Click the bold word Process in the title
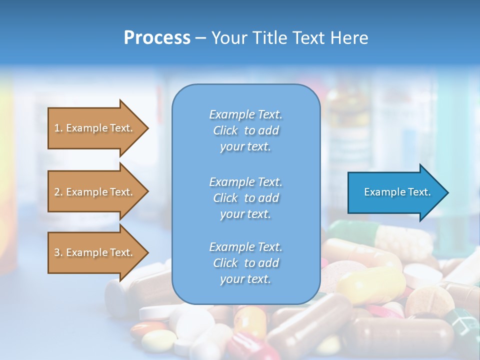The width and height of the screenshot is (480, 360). point(157,38)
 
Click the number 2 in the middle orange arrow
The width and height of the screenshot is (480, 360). point(57,192)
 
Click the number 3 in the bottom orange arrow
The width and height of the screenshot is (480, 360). point(57,252)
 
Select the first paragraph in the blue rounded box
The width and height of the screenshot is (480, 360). point(245,130)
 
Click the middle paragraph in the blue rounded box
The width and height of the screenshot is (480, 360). point(245,198)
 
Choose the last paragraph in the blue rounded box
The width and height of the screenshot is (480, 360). point(245,263)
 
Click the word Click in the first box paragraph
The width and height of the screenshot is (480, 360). point(225,130)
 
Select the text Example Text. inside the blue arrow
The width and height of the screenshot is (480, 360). point(397,192)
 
